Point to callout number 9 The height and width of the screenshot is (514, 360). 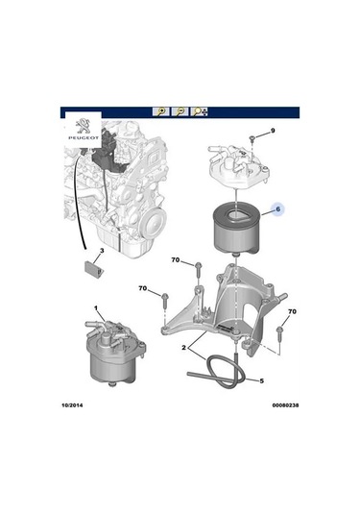pos(272,131)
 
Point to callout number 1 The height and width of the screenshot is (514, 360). pos(96,309)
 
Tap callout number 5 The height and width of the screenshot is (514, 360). pos(259,380)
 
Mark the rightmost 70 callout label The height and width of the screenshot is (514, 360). pos(293,312)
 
